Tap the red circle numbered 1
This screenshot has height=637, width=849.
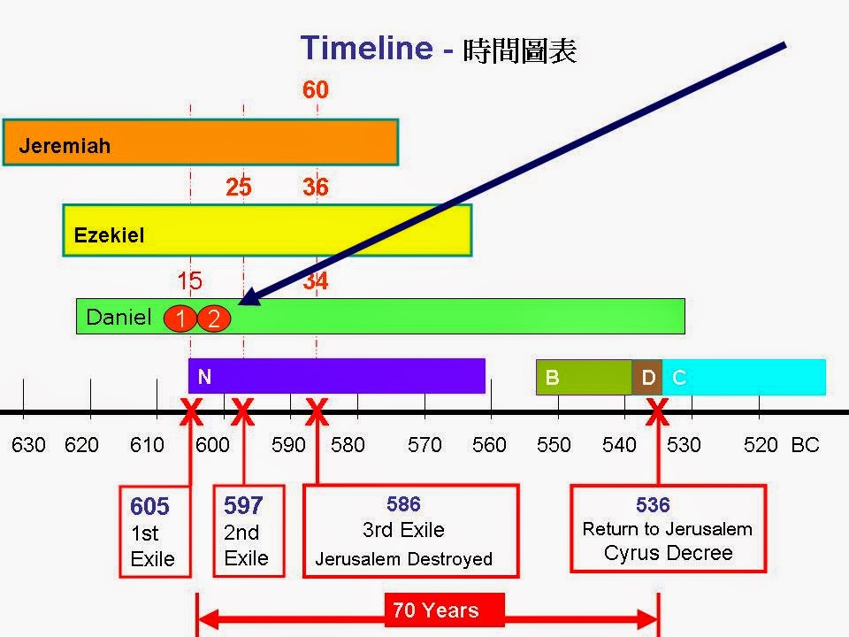180,318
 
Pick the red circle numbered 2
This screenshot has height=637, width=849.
214,318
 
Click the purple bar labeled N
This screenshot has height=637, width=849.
336,376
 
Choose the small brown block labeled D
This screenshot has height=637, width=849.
647,378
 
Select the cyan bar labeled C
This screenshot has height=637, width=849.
744,378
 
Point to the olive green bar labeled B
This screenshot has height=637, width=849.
585,378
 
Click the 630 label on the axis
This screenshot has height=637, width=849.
28,445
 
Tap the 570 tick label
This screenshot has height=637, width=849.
424,445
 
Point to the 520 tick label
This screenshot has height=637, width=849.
761,445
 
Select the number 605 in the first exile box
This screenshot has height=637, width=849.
149,507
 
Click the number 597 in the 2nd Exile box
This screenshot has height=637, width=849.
243,505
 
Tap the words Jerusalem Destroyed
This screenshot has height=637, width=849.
403,559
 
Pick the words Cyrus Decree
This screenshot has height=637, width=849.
669,554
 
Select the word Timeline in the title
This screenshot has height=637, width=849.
366,47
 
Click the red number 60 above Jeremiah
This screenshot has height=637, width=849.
316,89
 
